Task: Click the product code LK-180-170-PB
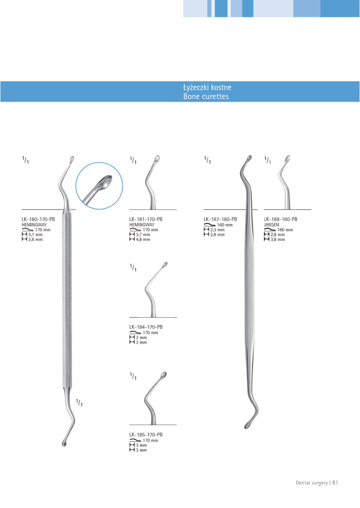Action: pos(38,219)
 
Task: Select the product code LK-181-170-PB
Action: pos(146,219)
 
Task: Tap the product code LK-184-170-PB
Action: pos(146,327)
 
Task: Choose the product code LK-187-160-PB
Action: pos(220,219)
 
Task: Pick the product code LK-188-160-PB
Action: pos(280,219)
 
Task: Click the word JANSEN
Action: pos(271,225)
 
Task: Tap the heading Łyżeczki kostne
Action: pos(207,88)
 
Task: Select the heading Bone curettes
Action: pos(206,97)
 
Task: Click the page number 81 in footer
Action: pos(335,482)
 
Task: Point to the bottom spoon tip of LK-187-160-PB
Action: pos(247,425)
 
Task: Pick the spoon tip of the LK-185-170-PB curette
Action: pos(164,375)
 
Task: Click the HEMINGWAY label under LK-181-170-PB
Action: pos(141,225)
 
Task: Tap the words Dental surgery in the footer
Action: pos(311,482)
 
